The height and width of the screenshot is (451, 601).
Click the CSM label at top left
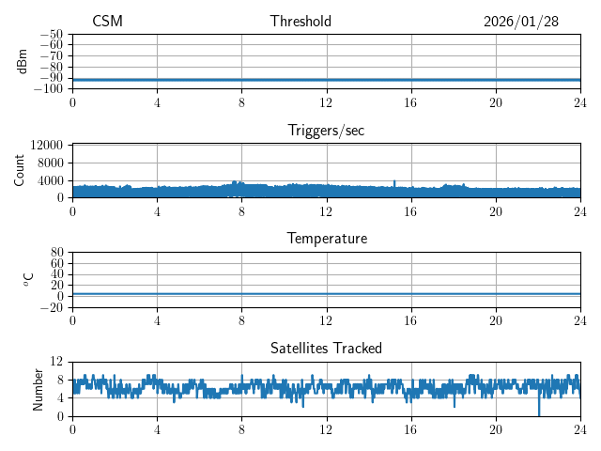pyautogui.click(x=107, y=22)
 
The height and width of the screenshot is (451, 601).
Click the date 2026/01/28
pyautogui.click(x=521, y=22)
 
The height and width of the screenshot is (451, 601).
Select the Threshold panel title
pyautogui.click(x=300, y=22)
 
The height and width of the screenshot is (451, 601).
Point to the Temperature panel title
pyautogui.click(x=326, y=239)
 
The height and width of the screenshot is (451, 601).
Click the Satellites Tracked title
pyautogui.click(x=326, y=348)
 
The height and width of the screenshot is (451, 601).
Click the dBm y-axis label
pyautogui.click(x=23, y=61)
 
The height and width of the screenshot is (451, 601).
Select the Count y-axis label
pyautogui.click(x=20, y=170)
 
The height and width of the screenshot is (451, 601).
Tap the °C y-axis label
pyautogui.click(x=28, y=279)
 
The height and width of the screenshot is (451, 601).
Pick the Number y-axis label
pyautogui.click(x=39, y=388)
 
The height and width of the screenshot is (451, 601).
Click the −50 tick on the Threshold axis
pyautogui.click(x=52, y=34)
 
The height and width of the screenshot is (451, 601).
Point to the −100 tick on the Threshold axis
pyautogui.click(x=48, y=89)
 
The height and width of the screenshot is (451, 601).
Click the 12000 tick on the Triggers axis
pyautogui.click(x=46, y=146)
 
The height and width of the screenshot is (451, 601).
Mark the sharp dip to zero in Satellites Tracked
pyautogui.click(x=539, y=413)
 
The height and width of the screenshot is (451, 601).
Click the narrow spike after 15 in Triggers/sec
pyautogui.click(x=394, y=181)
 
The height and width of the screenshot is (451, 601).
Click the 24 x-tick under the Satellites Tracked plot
pyautogui.click(x=580, y=428)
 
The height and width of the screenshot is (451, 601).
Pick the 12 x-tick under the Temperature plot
pyautogui.click(x=326, y=319)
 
